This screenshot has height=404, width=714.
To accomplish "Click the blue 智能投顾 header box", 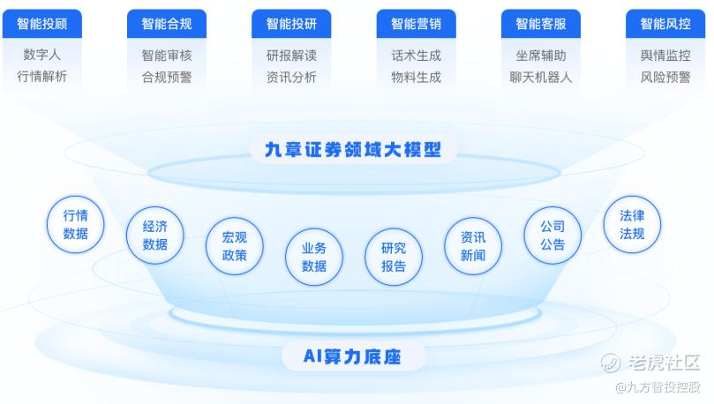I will point(41,24).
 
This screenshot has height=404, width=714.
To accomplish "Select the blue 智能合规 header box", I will point(166,24).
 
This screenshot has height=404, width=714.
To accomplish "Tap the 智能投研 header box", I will point(291,24).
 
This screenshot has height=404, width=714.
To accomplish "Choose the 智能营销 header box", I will point(416,24).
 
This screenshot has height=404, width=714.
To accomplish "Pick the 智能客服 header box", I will point(540,24).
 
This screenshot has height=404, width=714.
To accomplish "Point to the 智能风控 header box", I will point(665,24).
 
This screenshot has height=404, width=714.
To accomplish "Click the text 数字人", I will point(41,55).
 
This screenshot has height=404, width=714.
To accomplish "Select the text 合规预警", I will point(166,77).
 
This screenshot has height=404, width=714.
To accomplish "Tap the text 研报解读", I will point(291,55).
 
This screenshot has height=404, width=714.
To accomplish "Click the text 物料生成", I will point(416,77).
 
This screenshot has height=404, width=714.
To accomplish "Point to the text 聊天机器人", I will point(540,77).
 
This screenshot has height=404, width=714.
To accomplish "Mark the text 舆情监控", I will point(665,55).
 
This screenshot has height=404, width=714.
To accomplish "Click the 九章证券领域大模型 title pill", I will point(353,149).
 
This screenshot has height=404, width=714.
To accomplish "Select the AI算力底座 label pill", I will point(353,356).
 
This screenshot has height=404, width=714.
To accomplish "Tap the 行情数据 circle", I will point(75,224).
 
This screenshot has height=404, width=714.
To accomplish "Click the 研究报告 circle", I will point(394,257).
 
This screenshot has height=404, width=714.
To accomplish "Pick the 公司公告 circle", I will point(552,235).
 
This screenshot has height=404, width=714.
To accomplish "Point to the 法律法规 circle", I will point(632,224).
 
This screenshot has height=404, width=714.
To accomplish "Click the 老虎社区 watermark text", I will point(663,362).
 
